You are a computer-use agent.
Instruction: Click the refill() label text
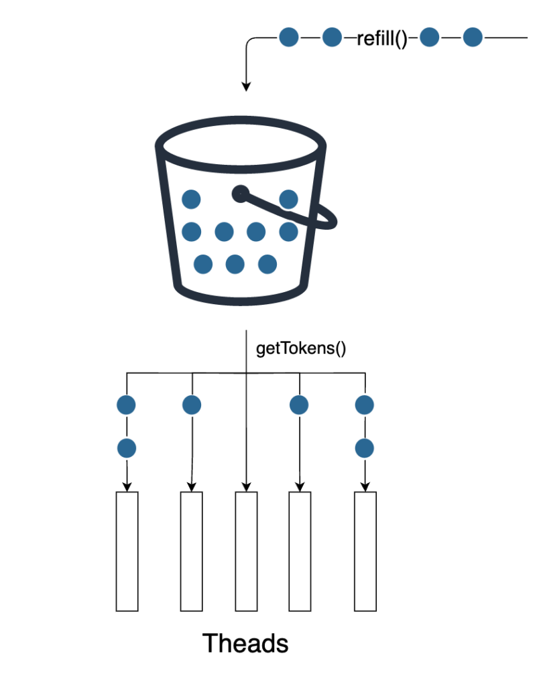pos(382,39)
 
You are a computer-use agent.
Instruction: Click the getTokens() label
pos(301,349)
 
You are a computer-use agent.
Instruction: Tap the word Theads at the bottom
pos(245,643)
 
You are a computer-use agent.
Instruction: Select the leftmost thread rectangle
pos(127,551)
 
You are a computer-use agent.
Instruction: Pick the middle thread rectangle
pos(246,551)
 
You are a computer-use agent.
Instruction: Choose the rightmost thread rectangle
pos(365,551)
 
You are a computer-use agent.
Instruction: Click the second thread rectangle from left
pos(192,551)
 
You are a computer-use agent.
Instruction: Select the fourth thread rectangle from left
pos(299,551)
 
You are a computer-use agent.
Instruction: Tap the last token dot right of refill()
pos(473,38)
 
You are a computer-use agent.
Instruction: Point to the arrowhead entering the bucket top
pos(246,86)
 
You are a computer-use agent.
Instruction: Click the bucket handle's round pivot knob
pos(240,194)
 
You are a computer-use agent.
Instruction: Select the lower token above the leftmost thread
pos(126,447)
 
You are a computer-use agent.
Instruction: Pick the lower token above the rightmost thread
pos(365,447)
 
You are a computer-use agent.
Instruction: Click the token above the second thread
pos(192,405)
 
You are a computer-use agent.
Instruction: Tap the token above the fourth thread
pos(299,405)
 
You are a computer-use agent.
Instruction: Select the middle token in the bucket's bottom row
pos(235,264)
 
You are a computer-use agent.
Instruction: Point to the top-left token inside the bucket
pos(192,199)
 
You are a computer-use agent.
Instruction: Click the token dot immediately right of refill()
pos(430,38)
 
